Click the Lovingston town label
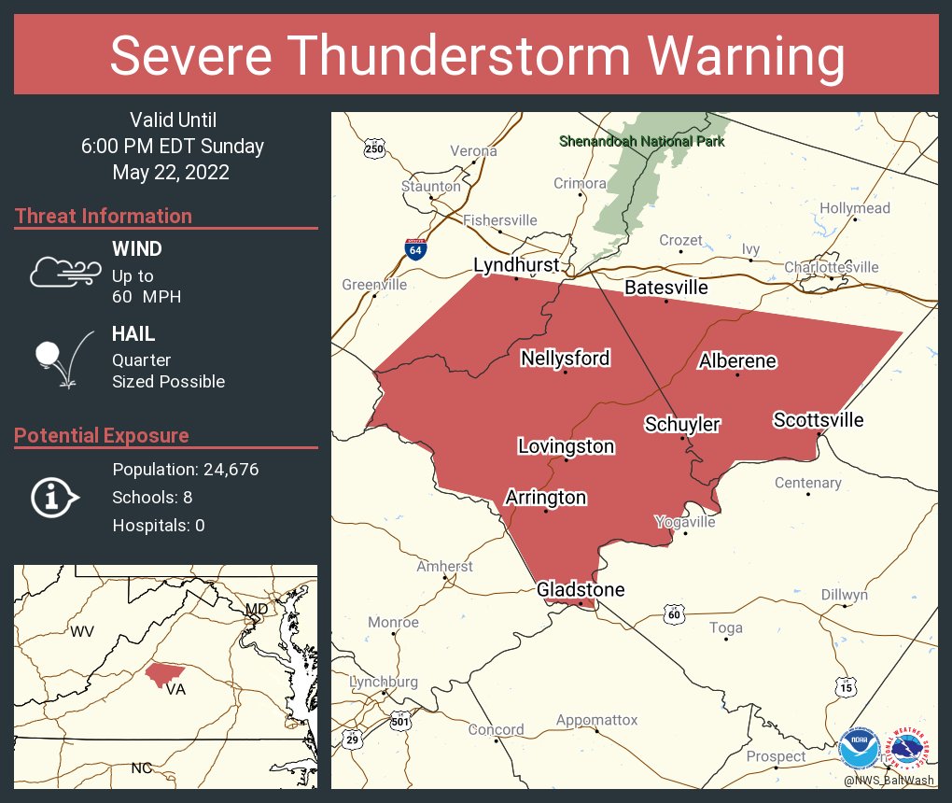(x=566, y=446)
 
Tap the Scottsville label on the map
(x=818, y=420)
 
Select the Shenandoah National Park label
(x=641, y=142)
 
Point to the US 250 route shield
(x=374, y=148)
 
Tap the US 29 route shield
(x=353, y=739)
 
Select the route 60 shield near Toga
(x=675, y=613)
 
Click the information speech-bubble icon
(x=54, y=497)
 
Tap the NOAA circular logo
(x=859, y=750)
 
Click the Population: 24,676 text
(x=185, y=469)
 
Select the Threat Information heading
(x=104, y=216)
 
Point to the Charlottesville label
(x=831, y=267)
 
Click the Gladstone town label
(x=580, y=589)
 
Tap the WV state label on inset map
(x=82, y=631)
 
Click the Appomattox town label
(x=596, y=720)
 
